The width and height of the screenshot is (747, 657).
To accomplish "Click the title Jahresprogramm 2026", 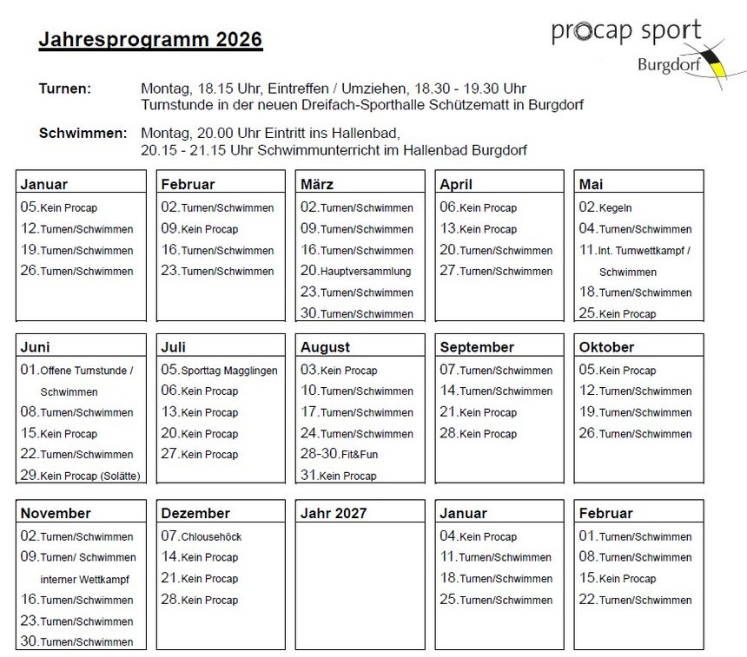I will point(150,40).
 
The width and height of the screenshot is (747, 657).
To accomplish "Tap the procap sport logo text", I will point(625,31).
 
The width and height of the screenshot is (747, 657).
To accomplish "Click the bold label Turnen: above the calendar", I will point(65,89).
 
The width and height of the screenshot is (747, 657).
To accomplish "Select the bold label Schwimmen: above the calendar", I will point(83,134).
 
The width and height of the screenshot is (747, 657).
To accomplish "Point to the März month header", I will point(317,184).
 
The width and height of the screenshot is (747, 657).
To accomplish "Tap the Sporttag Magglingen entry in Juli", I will point(219,370).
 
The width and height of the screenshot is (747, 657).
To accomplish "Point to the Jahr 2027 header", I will point(334,513).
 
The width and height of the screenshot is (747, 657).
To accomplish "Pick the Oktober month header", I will point(606,347).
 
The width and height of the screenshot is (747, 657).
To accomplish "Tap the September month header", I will point(477,347).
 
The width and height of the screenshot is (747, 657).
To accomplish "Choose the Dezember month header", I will point(195,513).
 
